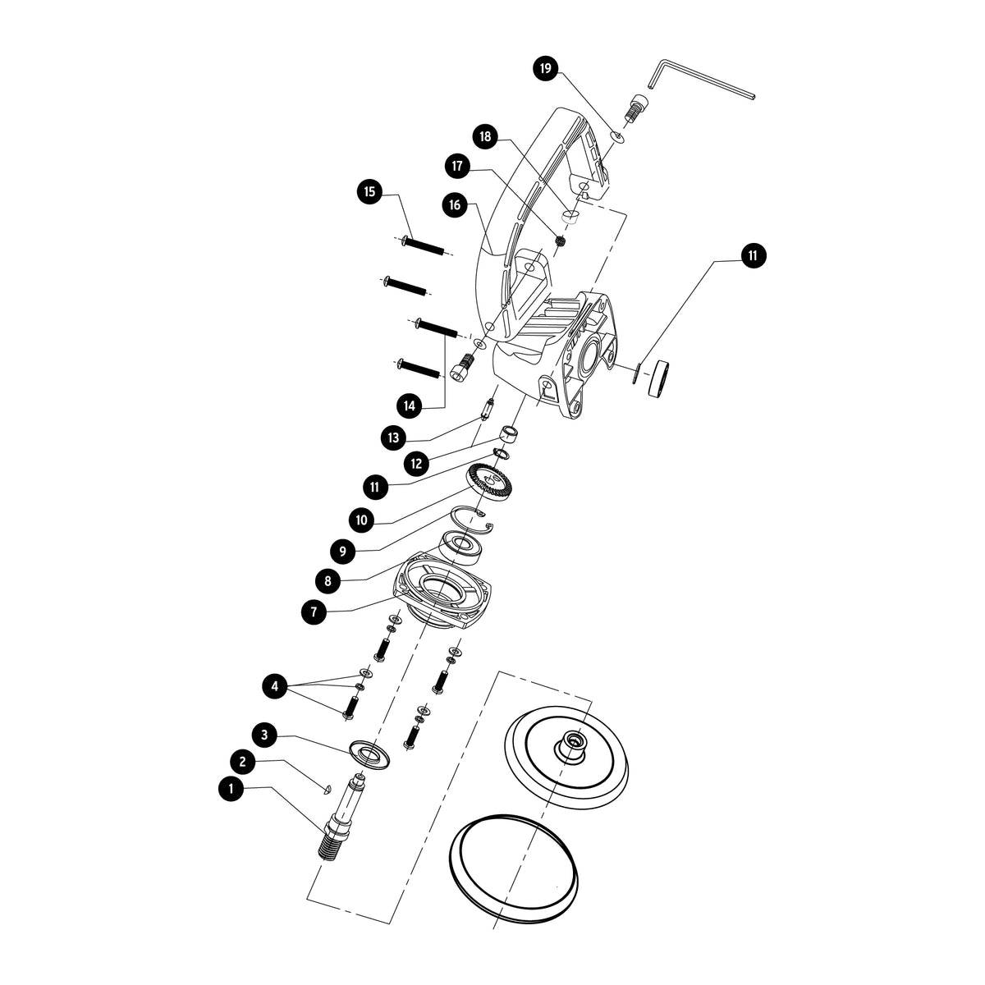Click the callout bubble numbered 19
point(546,68)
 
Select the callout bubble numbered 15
point(369,192)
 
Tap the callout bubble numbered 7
point(314,612)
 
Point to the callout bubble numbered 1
point(231,788)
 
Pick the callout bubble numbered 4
point(275,686)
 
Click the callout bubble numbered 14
point(410,406)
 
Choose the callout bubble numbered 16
point(455,205)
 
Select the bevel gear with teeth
point(488,485)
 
